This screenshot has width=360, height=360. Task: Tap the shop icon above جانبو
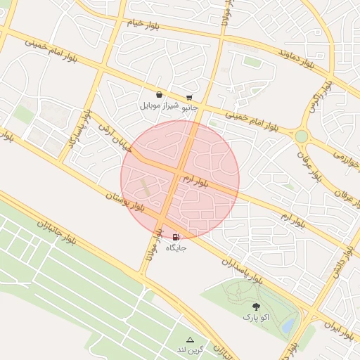click(x=189, y=98)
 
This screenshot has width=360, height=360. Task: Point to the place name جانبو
click(x=189, y=108)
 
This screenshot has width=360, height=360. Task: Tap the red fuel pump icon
click(x=175, y=238)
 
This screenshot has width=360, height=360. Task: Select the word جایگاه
click(x=176, y=248)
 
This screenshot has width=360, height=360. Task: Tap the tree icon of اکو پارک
click(x=256, y=307)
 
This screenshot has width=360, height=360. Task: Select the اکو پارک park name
click(x=257, y=318)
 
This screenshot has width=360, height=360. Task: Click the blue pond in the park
click(x=288, y=325)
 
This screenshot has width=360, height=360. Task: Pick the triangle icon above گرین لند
click(x=190, y=340)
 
